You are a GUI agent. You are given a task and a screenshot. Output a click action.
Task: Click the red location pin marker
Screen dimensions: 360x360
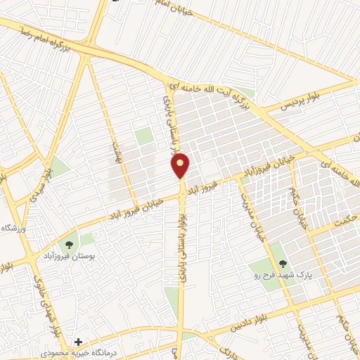click(x=181, y=165)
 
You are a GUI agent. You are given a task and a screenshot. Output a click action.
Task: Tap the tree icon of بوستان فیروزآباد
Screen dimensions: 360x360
click(x=69, y=245)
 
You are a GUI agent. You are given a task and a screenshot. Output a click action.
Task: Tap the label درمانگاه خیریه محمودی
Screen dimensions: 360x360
click(x=73, y=352)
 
